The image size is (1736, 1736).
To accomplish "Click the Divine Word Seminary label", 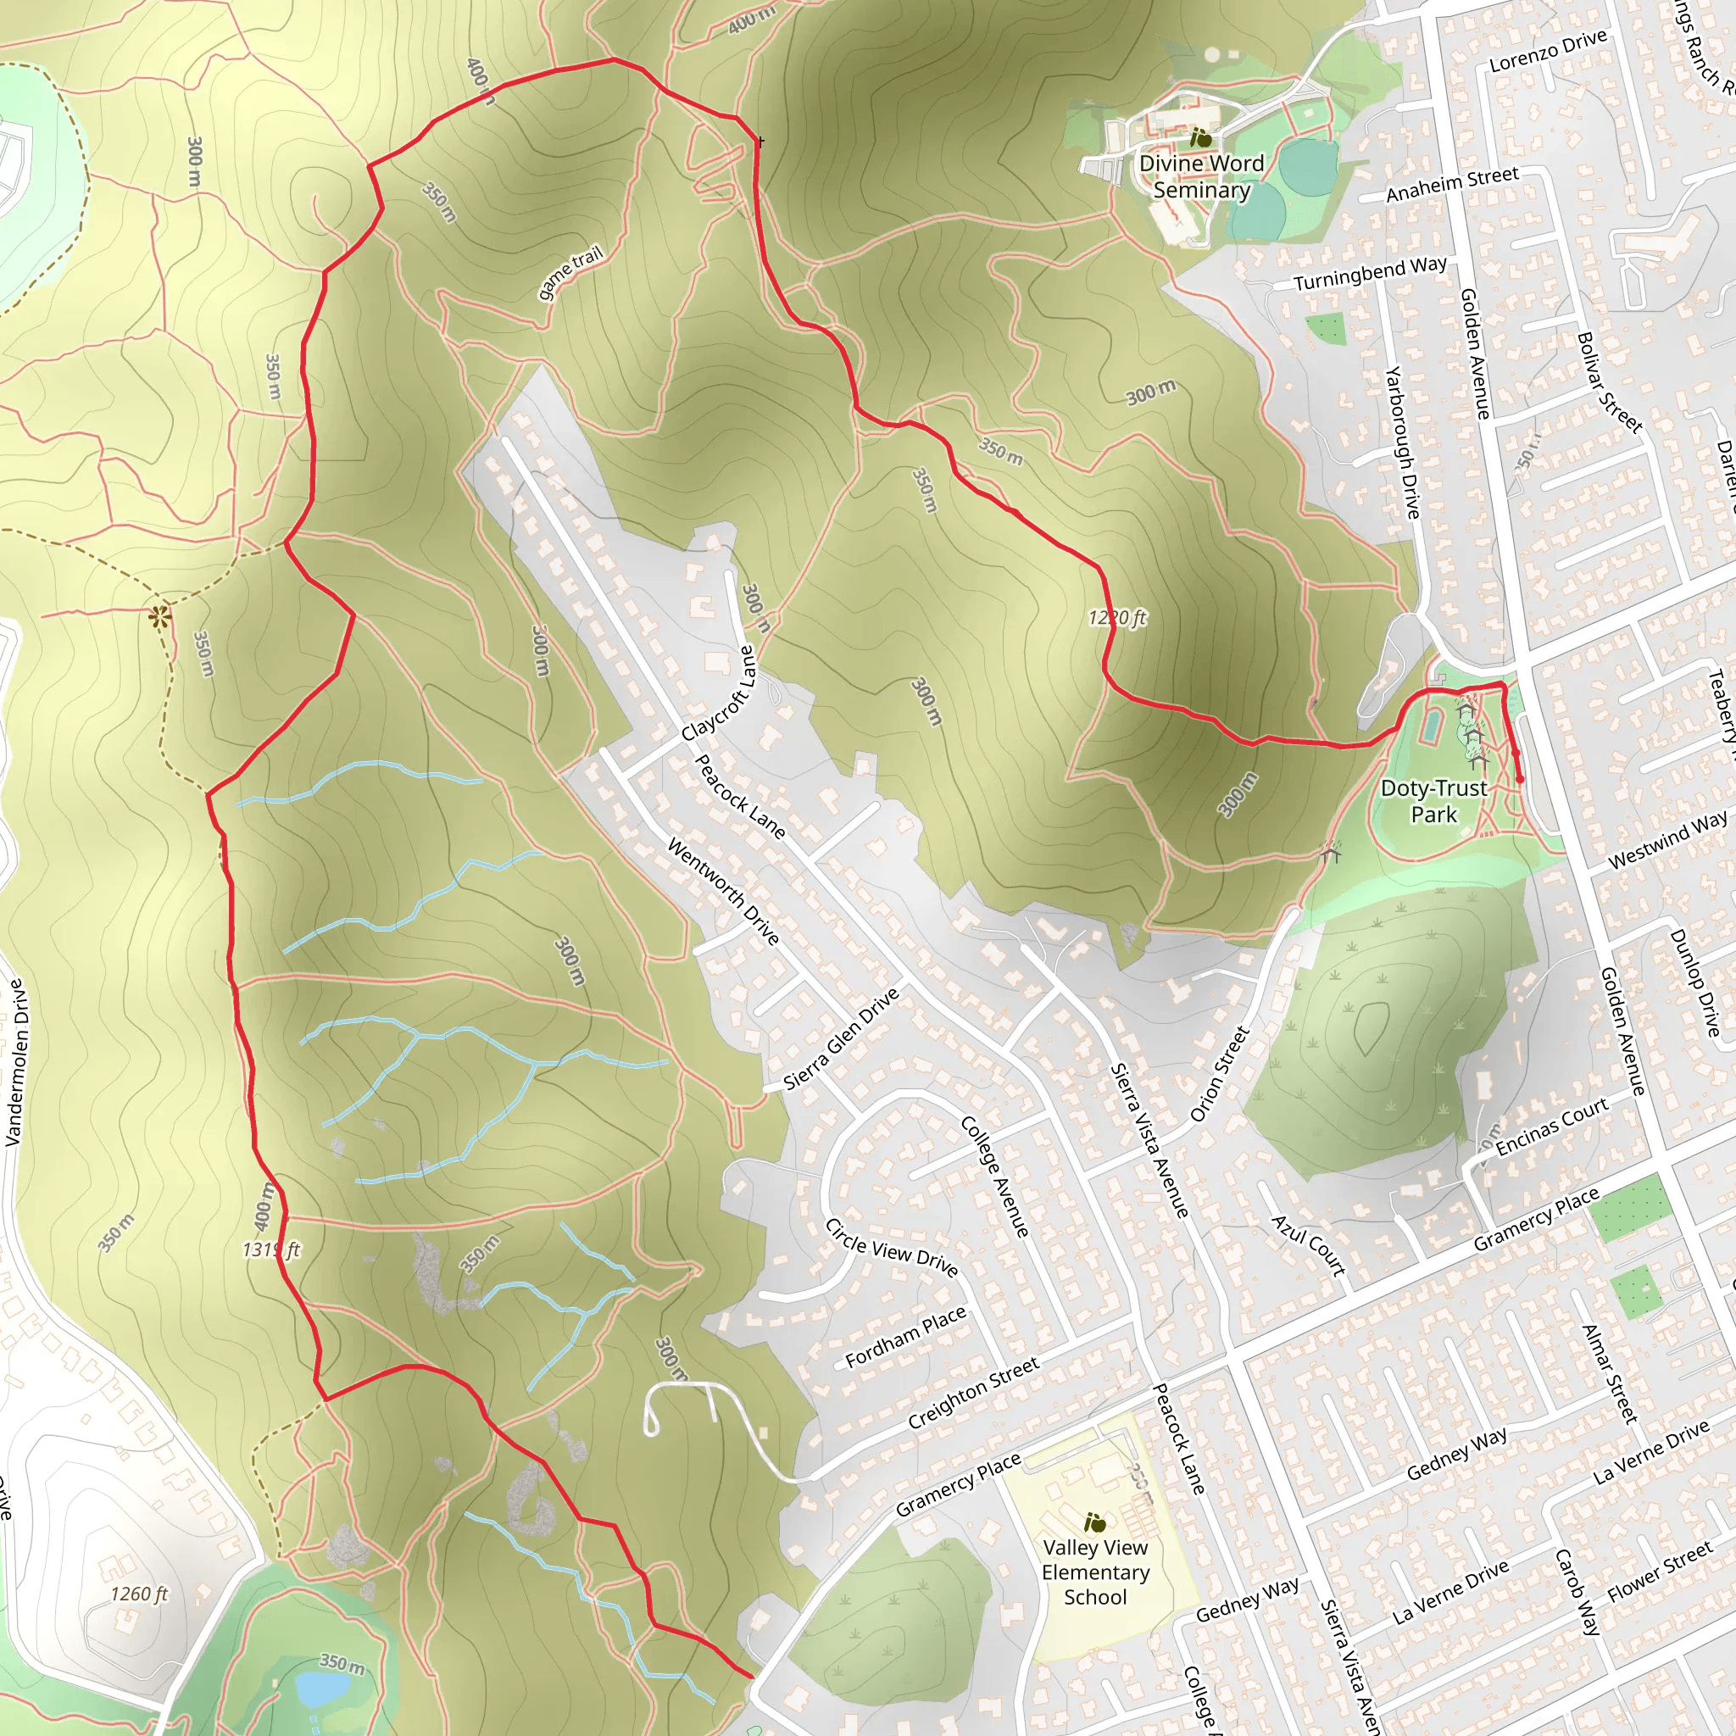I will tap(1201, 176).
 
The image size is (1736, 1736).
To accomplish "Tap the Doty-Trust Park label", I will tap(1433, 800).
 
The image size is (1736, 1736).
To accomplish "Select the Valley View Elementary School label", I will tap(1095, 1572).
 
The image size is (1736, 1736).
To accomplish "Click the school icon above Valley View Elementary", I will tap(1094, 1522).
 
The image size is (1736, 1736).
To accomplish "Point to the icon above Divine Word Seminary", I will tap(1200, 138).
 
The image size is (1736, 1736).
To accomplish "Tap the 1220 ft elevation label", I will tap(1117, 617).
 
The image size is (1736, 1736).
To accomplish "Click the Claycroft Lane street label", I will tap(719, 693).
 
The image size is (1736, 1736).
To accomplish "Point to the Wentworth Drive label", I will tap(722, 891).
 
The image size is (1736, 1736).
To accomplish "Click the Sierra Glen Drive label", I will tap(841, 1038).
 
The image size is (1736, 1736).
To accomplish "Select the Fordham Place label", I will tap(906, 1336).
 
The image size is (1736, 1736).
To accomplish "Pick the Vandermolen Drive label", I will tap(14, 1062).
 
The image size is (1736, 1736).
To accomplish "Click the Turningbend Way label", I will tap(1371, 274).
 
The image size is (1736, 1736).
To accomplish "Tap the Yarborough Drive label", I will tap(1402, 442).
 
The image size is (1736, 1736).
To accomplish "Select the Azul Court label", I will tap(1309, 1245).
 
